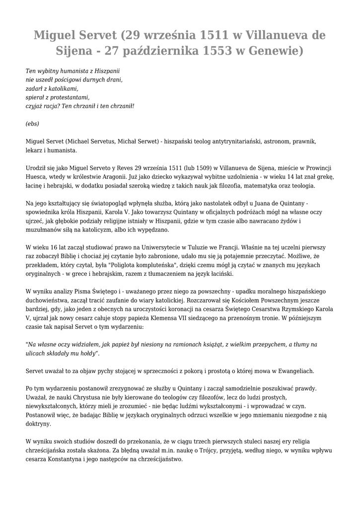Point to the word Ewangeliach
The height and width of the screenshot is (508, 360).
pyautogui.click(x=293, y=371)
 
